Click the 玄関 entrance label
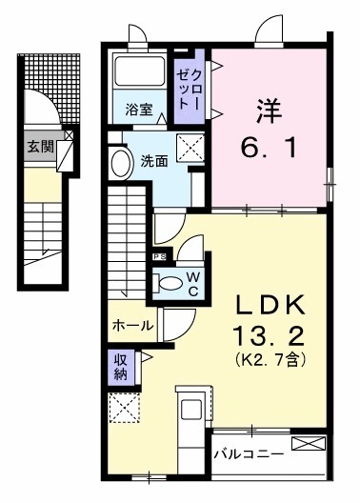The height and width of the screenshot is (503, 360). click(x=40, y=147)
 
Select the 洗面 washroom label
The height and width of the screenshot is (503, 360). click(x=155, y=160)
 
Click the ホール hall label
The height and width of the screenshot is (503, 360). click(x=132, y=325)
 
